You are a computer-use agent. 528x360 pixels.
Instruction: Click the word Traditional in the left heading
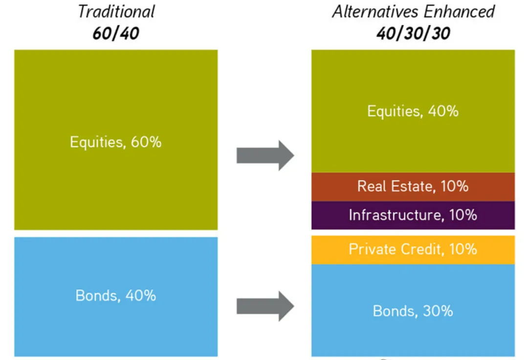(116, 11)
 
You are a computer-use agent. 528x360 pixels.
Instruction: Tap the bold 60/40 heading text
(116, 33)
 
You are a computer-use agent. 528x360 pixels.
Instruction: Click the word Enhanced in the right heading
(459, 11)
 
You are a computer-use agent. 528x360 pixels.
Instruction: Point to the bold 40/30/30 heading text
(413, 33)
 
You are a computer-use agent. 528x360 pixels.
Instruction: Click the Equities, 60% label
(115, 142)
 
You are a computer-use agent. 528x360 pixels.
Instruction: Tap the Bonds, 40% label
(115, 295)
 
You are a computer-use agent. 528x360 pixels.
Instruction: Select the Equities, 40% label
(413, 111)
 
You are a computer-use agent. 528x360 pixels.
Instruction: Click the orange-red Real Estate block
(413, 187)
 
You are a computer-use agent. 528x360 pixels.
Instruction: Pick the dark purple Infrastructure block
(413, 216)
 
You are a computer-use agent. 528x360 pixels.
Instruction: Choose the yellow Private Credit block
(413, 250)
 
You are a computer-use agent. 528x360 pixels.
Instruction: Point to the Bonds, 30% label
(413, 311)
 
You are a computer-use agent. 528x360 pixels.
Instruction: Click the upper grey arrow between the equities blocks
(265, 156)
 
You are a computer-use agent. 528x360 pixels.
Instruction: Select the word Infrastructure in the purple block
(395, 215)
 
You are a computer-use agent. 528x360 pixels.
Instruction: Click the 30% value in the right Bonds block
(438, 311)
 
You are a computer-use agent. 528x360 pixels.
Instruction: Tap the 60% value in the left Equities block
(146, 142)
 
